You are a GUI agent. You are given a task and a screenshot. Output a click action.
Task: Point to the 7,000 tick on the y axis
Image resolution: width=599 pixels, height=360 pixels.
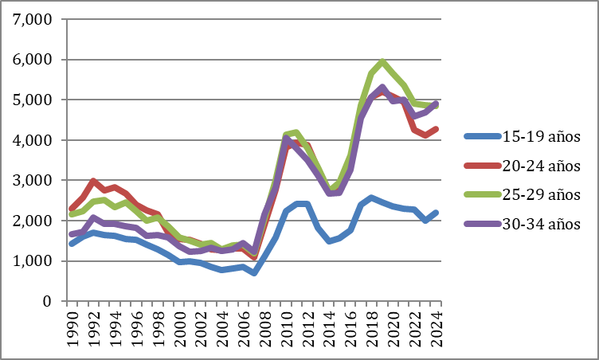pyautogui.click(x=33, y=19)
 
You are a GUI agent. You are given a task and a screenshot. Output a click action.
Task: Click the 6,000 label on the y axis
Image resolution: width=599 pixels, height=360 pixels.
pyautogui.click(x=33, y=60)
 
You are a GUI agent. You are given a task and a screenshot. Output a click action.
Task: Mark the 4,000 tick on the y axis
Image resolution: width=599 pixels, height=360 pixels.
pyautogui.click(x=33, y=140)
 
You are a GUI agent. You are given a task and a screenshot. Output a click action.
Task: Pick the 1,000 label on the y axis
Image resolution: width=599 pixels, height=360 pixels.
pyautogui.click(x=33, y=261)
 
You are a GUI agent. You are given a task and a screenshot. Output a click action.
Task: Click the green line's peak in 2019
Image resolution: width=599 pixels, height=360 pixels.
pyautogui.click(x=384, y=61)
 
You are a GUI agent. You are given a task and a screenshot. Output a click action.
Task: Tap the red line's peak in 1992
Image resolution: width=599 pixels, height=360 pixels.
pyautogui.click(x=93, y=182)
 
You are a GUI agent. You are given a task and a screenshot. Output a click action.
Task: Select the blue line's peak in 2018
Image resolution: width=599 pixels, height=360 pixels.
pyautogui.click(x=373, y=198)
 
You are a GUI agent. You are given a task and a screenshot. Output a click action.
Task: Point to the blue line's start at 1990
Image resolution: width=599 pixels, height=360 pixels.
pyautogui.click(x=72, y=244)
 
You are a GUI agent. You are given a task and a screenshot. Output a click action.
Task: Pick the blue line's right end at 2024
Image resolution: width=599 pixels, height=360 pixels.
pyautogui.click(x=438, y=213)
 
